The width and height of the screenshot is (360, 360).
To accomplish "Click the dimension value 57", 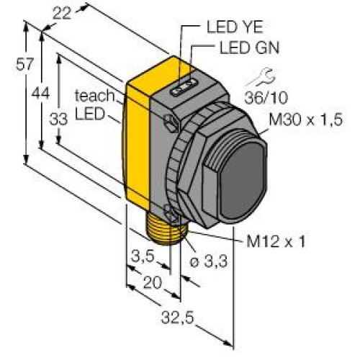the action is point(24,64).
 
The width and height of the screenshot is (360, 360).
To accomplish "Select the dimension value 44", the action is point(41,93).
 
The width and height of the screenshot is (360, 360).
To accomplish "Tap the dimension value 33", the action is point(58,120).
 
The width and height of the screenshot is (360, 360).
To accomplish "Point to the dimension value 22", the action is point(62,14).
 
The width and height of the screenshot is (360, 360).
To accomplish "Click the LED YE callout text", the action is point(235,27).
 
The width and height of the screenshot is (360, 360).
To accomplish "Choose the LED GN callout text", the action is point(250,48).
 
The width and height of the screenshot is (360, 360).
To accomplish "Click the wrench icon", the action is point(261,77).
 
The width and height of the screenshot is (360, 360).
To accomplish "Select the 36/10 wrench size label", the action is point(266,98).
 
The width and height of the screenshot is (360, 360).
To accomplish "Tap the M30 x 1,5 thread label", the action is point(305,120).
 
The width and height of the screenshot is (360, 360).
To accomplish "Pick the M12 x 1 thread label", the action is point(276,241).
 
